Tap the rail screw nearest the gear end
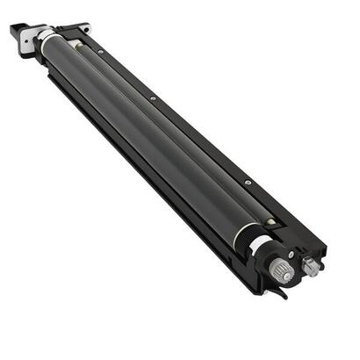click(248, 183)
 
